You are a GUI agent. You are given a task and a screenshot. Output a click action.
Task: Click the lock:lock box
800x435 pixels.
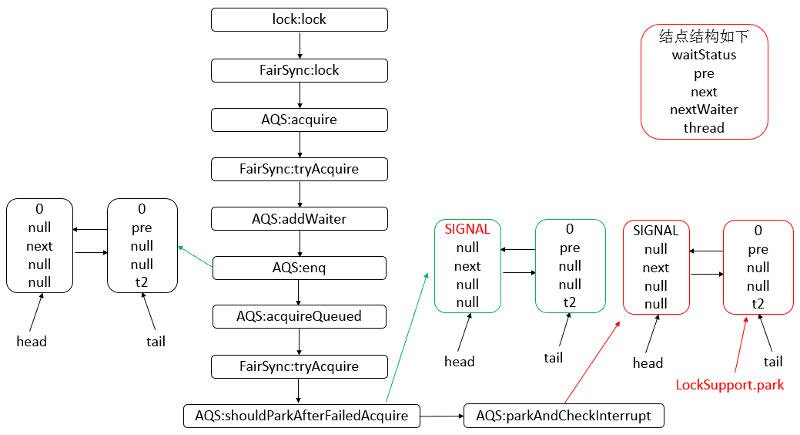300,19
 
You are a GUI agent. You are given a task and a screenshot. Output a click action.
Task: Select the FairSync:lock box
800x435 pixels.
300,70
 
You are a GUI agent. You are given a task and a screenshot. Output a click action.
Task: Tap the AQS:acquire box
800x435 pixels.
300,120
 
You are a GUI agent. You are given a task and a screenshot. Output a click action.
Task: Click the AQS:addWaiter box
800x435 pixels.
300,218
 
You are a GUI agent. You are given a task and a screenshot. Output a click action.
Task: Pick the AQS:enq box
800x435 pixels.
300,268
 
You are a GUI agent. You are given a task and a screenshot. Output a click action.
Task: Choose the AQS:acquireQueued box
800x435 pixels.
300,316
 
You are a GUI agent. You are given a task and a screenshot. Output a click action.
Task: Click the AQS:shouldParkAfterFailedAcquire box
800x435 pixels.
302,416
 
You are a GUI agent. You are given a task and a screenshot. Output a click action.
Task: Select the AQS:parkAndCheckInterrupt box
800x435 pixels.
564,416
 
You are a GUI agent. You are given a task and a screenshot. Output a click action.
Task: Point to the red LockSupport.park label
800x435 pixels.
729,384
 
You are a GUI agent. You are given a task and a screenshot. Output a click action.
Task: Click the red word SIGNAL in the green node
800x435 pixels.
467,229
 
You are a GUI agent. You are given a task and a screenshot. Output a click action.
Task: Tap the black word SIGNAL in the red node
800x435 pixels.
656,231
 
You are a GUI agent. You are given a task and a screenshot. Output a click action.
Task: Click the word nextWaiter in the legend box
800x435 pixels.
704,110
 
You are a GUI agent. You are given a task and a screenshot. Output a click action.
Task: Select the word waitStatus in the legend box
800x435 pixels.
704,55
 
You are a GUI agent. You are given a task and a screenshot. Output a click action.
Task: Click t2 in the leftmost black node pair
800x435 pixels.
142,282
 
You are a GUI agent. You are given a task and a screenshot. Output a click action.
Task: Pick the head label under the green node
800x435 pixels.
460,361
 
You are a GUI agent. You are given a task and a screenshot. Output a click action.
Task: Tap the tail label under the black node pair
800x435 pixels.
156,341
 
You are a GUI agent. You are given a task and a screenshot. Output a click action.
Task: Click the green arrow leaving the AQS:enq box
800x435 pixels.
196,257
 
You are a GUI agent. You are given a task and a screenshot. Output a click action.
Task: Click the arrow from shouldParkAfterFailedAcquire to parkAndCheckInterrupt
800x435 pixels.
441,416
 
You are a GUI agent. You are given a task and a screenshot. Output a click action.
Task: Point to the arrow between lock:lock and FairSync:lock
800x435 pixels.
300,45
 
